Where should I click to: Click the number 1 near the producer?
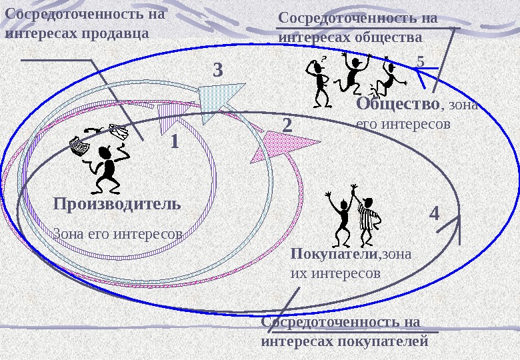pyautogui.click(x=175, y=141)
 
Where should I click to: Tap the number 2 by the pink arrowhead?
pyautogui.click(x=288, y=125)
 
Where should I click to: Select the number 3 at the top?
pyautogui.click(x=218, y=70)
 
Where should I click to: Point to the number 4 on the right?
pyautogui.click(x=434, y=214)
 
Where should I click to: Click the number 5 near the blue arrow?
pyautogui.click(x=420, y=61)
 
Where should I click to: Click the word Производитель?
pyautogui.click(x=117, y=203)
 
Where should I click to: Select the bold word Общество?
pyautogui.click(x=398, y=104)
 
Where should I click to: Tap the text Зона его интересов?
pyautogui.click(x=117, y=234)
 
